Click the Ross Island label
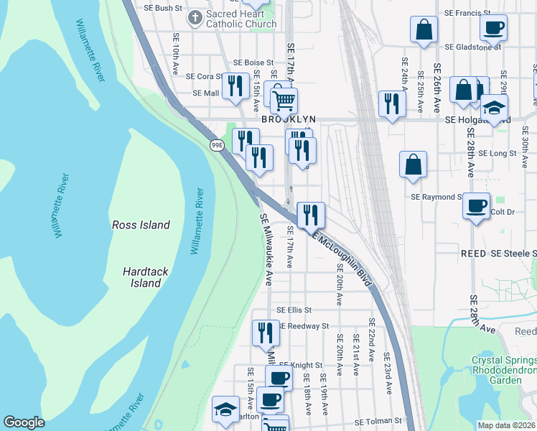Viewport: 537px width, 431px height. tap(141, 225)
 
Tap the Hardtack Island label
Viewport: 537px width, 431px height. tap(141, 277)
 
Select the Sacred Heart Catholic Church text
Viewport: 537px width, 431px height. tap(241, 19)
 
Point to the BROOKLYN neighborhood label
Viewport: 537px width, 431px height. tap(289, 119)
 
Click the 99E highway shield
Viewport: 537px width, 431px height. tap(217, 145)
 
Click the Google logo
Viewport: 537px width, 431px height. tap(24, 422)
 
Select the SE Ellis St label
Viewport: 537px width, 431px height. tap(294, 310)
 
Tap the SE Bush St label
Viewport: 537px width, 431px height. tap(159, 8)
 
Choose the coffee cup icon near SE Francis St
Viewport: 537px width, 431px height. tap(494, 28)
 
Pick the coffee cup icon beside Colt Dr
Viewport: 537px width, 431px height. tap(476, 205)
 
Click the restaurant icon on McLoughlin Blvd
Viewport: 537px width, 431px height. tap(311, 214)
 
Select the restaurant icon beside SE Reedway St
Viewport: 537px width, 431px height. tap(266, 332)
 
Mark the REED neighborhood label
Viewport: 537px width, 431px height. tap(473, 254)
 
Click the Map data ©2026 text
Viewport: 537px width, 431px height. tap(505, 425)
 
